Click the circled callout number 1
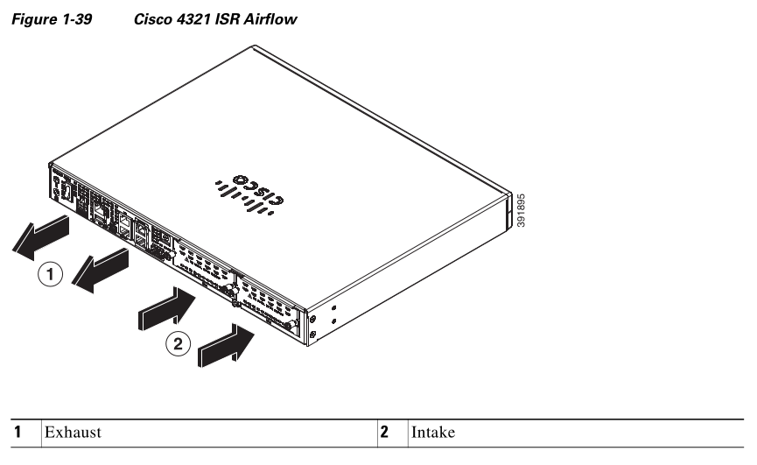(53, 275)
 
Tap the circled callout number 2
(178, 344)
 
